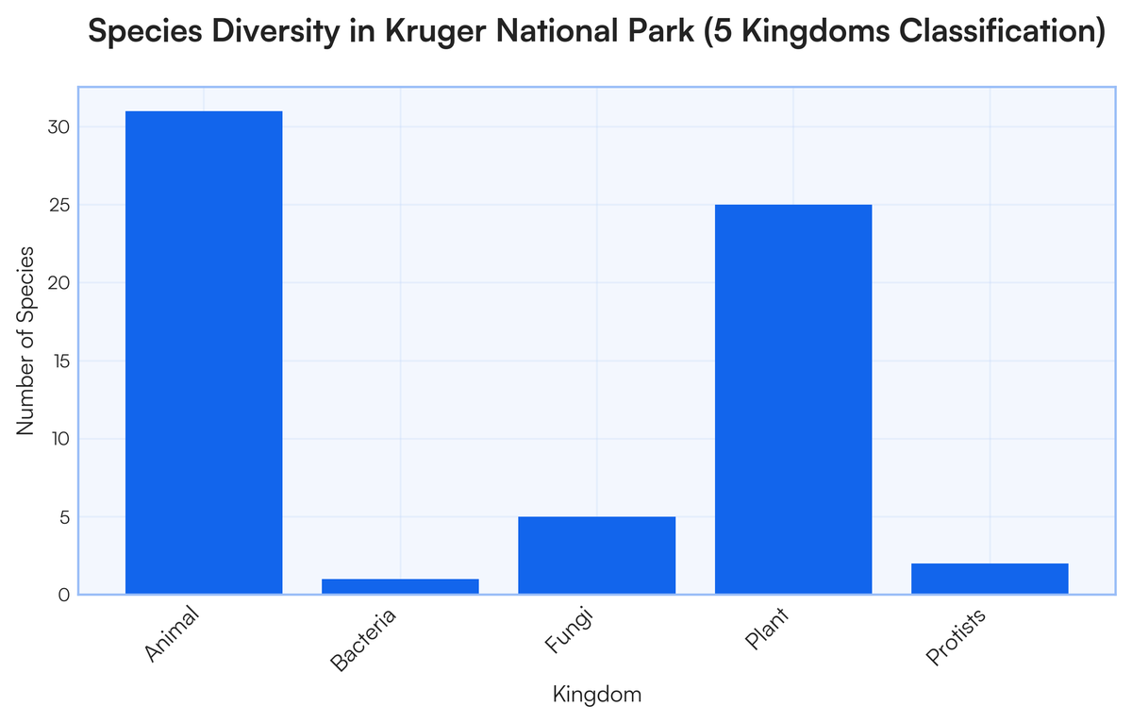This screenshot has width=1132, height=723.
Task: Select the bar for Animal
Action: click(204, 352)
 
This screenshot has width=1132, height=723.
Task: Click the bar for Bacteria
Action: click(400, 586)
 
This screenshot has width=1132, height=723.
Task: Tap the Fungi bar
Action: click(596, 555)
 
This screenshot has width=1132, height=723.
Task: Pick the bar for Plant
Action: click(793, 399)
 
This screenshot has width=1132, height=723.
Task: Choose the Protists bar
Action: click(990, 579)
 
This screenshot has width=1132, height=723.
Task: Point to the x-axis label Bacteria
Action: click(364, 641)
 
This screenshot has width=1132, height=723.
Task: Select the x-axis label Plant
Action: click(766, 631)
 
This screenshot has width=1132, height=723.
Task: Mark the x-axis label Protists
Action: click(956, 638)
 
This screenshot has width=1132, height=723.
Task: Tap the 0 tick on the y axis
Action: click(63, 595)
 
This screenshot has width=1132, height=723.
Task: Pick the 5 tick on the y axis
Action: click(63, 517)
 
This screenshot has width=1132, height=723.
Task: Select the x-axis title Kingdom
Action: click(596, 696)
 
